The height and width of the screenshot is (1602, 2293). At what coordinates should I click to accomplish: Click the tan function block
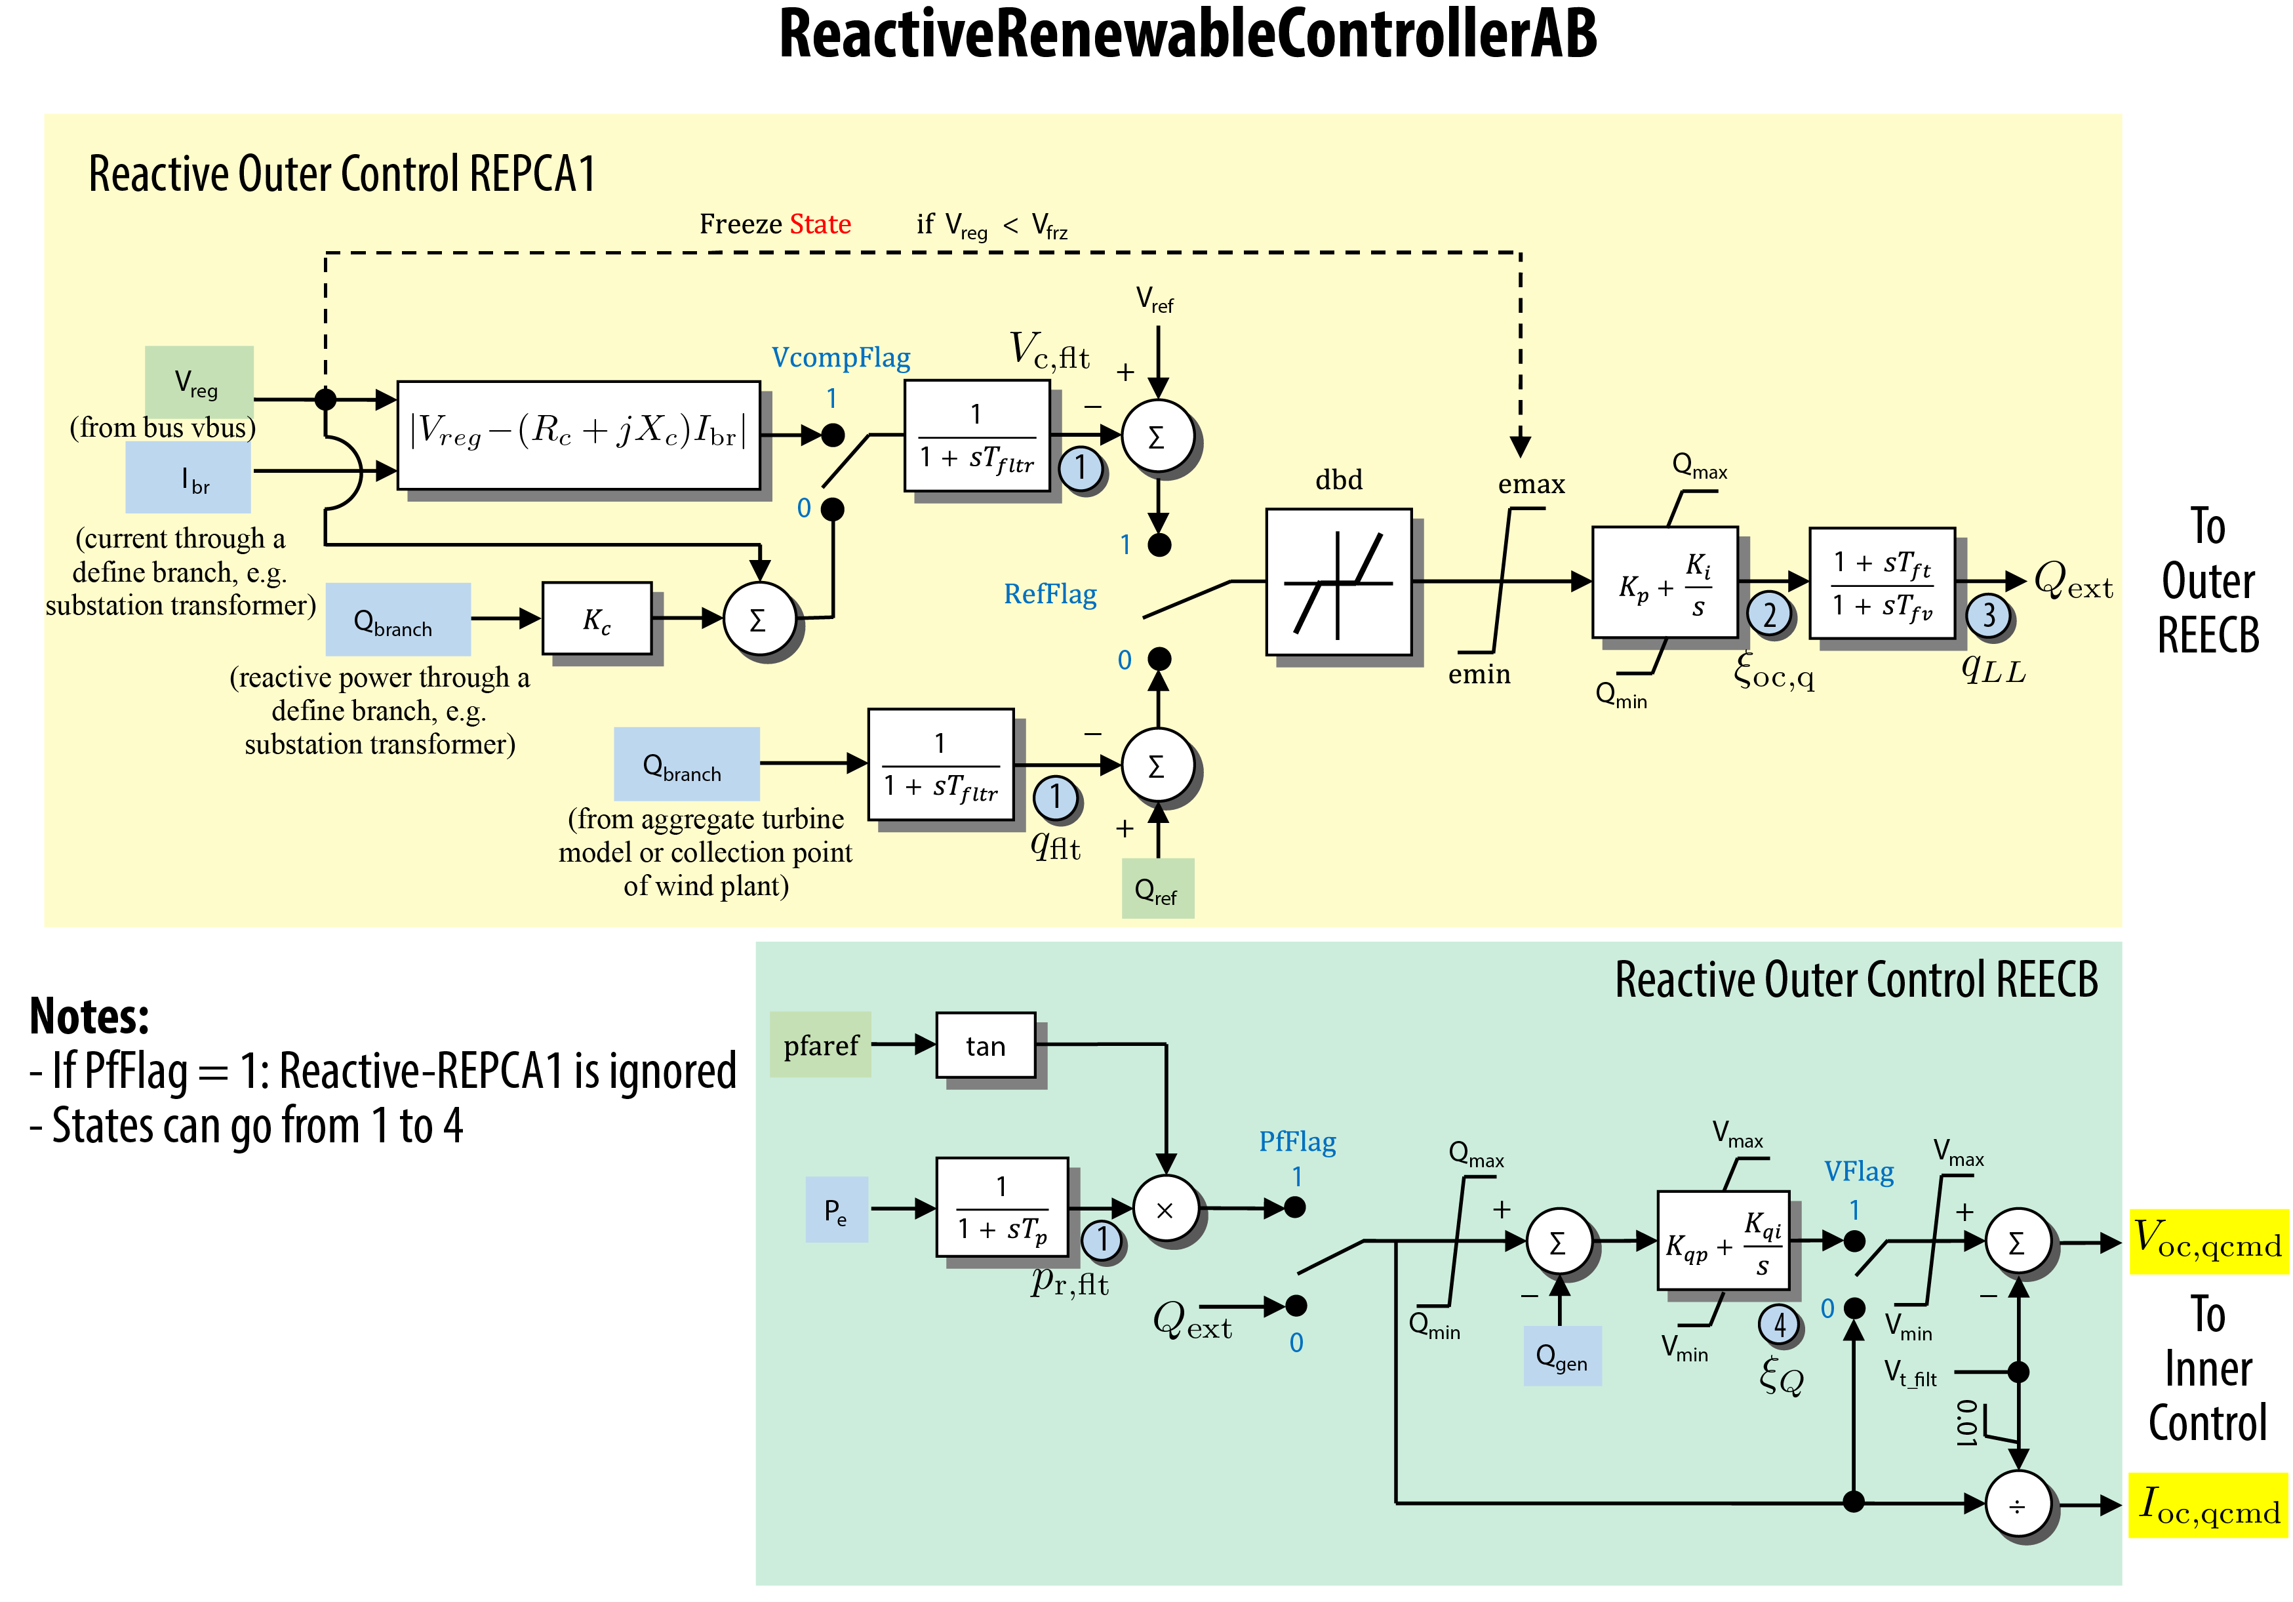(985, 1046)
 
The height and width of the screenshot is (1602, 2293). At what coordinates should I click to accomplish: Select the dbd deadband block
(1338, 582)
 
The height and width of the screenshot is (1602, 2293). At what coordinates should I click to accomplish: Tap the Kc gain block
(596, 619)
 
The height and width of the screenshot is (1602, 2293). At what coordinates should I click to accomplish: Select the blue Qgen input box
(1561, 1356)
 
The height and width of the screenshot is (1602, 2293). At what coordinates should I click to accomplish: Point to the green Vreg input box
(199, 382)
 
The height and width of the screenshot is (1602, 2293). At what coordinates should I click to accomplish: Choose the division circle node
(2018, 1504)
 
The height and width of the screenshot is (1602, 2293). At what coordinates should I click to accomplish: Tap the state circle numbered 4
(1779, 1325)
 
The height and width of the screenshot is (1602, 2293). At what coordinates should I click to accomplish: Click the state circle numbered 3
(1988, 615)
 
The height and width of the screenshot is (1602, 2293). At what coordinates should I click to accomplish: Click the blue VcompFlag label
(841, 357)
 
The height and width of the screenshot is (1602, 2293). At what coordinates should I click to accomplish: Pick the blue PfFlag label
(1296, 1142)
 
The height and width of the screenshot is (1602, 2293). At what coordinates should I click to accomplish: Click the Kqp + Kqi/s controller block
(1722, 1241)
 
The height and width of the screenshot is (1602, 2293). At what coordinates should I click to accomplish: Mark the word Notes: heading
(90, 1016)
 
